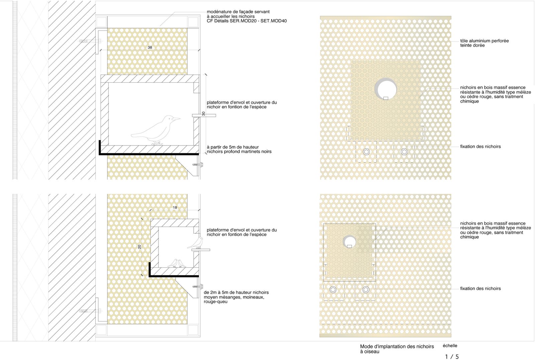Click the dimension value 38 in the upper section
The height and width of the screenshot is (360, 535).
150,48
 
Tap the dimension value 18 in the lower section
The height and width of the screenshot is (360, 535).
175,207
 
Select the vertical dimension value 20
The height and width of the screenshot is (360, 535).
139,247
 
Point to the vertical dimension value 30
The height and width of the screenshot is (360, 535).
204,114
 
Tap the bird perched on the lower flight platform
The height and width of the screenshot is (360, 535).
196,243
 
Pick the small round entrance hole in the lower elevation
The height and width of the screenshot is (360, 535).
349,242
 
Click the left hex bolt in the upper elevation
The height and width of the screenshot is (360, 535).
366,152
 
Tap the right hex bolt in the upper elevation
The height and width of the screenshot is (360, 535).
404,152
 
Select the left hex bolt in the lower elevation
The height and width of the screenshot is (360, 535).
333,290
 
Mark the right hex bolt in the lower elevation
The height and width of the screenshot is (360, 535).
366,290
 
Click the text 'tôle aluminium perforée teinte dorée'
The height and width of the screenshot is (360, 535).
485,43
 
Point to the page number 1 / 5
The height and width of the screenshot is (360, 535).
452,357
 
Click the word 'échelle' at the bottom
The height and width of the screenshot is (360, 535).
450,346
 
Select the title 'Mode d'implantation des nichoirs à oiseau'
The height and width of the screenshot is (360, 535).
397,349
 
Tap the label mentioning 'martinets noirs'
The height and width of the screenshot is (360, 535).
239,150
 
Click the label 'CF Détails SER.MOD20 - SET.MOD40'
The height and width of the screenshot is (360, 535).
247,21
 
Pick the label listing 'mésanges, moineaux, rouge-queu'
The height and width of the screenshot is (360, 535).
236,297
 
